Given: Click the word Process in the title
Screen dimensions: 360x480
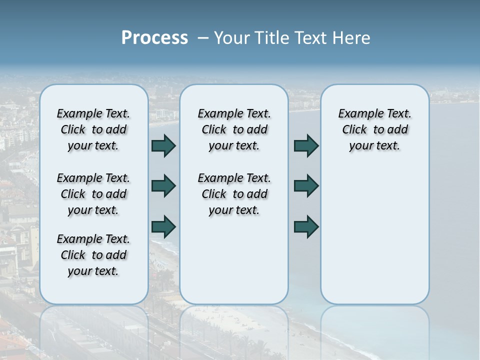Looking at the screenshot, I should pyautogui.click(x=154, y=38).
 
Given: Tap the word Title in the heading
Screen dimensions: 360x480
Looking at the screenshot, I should pyautogui.click(x=271, y=38).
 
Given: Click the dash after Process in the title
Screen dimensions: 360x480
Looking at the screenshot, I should pyautogui.click(x=203, y=38).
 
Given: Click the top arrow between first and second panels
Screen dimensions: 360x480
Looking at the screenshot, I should pyautogui.click(x=163, y=145).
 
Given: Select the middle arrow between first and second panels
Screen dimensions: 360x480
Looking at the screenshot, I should pyautogui.click(x=163, y=185).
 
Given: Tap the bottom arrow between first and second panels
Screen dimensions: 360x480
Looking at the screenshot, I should pyautogui.click(x=163, y=226).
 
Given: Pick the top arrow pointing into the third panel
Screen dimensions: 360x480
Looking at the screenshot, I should pyautogui.click(x=306, y=145).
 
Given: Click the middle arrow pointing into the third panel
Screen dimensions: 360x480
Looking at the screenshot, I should pyautogui.click(x=306, y=185).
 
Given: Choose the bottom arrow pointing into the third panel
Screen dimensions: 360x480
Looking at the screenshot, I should pyautogui.click(x=306, y=226).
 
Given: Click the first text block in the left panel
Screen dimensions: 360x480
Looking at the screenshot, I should pyautogui.click(x=93, y=129).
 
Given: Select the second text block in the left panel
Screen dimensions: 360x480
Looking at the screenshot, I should pyautogui.click(x=93, y=194).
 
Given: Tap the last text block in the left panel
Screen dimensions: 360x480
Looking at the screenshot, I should pyautogui.click(x=93, y=255).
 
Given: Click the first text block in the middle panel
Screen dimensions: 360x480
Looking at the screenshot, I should pyautogui.click(x=234, y=129).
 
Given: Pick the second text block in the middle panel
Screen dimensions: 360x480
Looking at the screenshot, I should pyautogui.click(x=234, y=194).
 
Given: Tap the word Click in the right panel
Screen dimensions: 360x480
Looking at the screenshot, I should pyautogui.click(x=354, y=130).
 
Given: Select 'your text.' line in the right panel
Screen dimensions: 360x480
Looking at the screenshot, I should pyautogui.click(x=374, y=146).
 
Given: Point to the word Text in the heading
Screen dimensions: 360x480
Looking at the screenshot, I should pyautogui.click(x=310, y=38).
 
